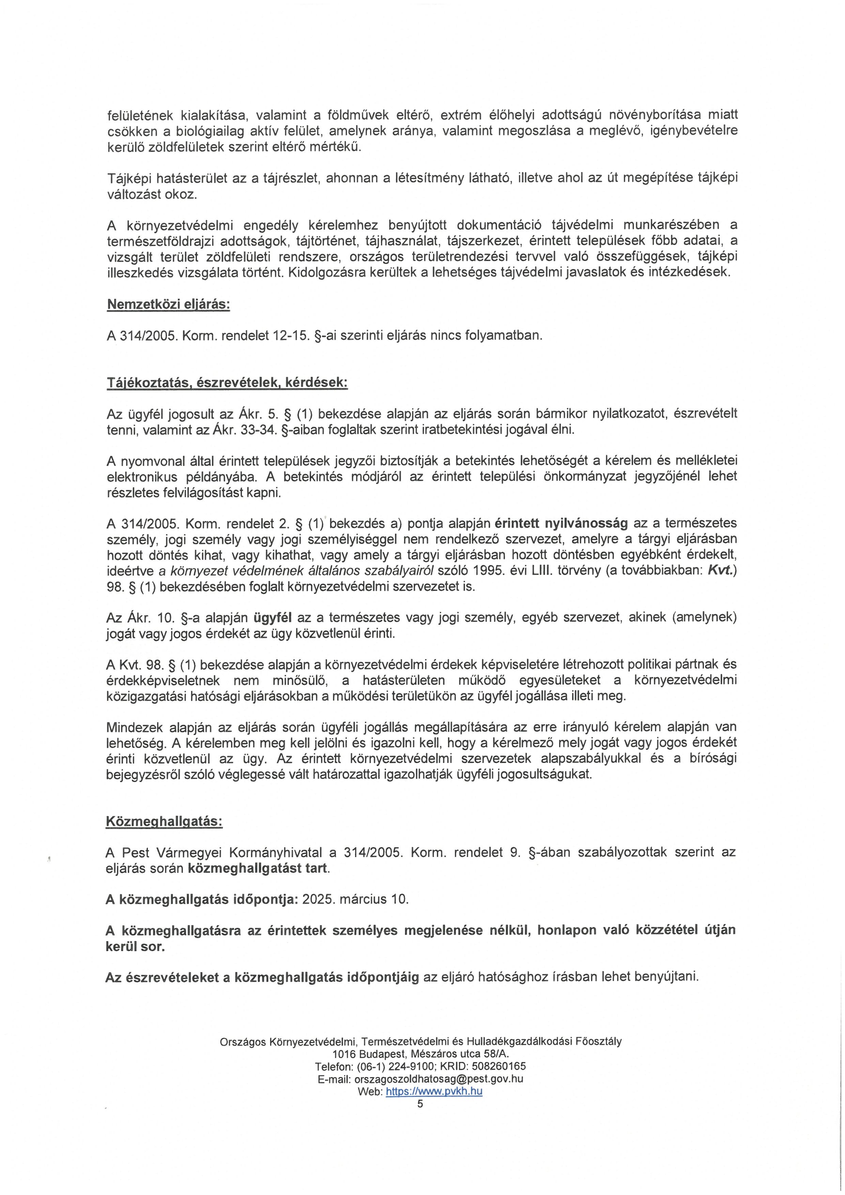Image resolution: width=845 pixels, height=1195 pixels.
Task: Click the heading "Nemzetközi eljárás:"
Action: point(168,305)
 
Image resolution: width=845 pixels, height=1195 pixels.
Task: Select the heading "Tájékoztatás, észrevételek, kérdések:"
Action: point(227,383)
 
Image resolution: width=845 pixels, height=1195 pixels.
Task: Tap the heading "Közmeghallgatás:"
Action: point(164,821)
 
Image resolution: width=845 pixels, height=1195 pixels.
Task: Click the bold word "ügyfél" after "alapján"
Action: point(272,618)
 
